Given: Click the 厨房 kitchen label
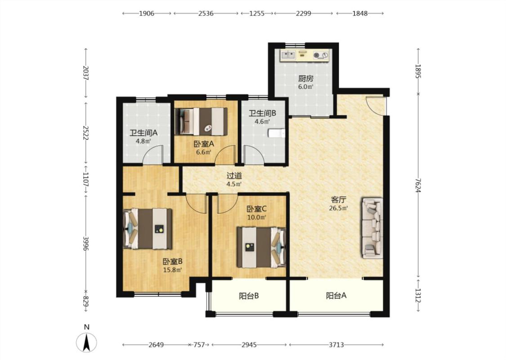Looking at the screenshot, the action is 305,78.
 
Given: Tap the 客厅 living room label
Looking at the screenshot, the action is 338,199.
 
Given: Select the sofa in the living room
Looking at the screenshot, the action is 373,228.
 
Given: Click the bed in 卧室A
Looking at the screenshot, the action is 201,121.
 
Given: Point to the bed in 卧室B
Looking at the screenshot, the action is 148,229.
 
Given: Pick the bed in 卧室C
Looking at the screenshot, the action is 262,247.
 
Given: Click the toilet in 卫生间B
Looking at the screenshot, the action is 277,133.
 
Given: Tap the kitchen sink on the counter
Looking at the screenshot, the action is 288,55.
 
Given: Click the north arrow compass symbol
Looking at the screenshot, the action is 86,342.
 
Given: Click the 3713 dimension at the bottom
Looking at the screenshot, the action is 336,345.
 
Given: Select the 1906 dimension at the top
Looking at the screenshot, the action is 146,13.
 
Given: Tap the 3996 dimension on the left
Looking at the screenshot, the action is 85,243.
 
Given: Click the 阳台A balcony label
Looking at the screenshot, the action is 336,296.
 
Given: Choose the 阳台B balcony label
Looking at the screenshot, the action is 249,296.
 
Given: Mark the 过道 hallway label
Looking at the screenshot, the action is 234,176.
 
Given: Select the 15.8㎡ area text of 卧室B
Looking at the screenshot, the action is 172,270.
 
